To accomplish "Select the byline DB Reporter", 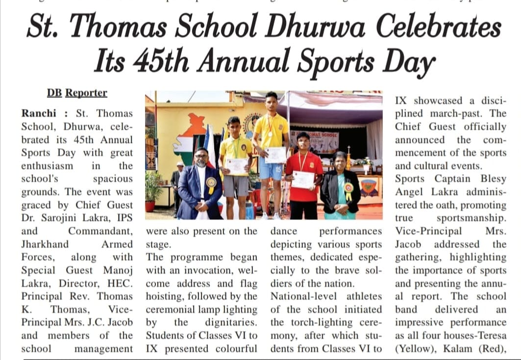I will [77, 92].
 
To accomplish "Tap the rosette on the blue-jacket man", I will [212, 185].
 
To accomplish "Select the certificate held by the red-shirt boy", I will [303, 180].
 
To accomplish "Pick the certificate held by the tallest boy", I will [275, 154].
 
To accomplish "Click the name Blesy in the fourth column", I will [490, 179].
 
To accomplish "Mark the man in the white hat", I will [176, 180].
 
